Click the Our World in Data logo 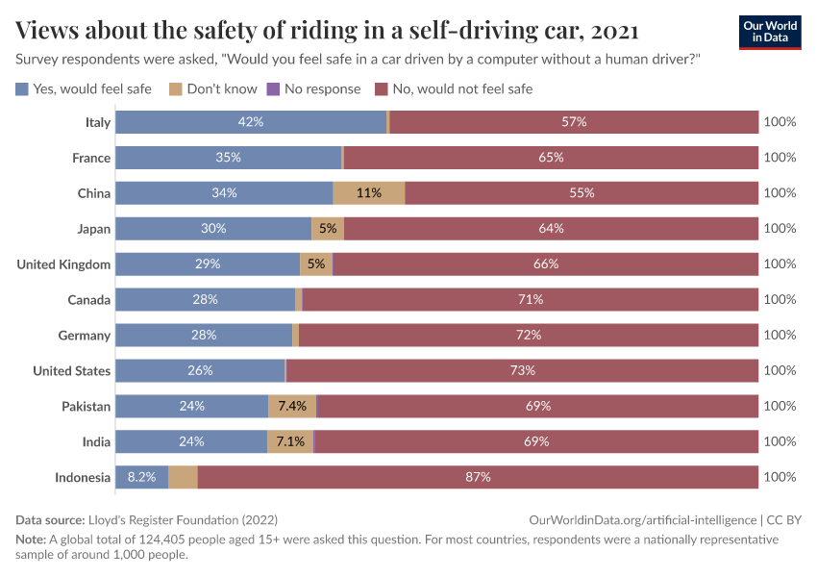pos(770,32)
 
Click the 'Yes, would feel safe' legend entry pos(84,88)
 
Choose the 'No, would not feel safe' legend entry pos(453,88)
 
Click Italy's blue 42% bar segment pos(251,122)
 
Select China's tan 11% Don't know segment pos(369,192)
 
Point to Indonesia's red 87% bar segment pos(478,477)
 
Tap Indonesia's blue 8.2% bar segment pos(141,477)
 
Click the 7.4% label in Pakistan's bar pos(292,406)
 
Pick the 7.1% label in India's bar pos(290,441)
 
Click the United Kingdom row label pos(63,264)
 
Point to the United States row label pos(71,370)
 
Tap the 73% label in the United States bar pos(522,370)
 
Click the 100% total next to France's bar pos(780,158)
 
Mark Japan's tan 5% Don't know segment pos(328,229)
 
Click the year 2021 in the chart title pos(615,31)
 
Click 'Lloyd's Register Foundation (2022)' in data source pos(169,519)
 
